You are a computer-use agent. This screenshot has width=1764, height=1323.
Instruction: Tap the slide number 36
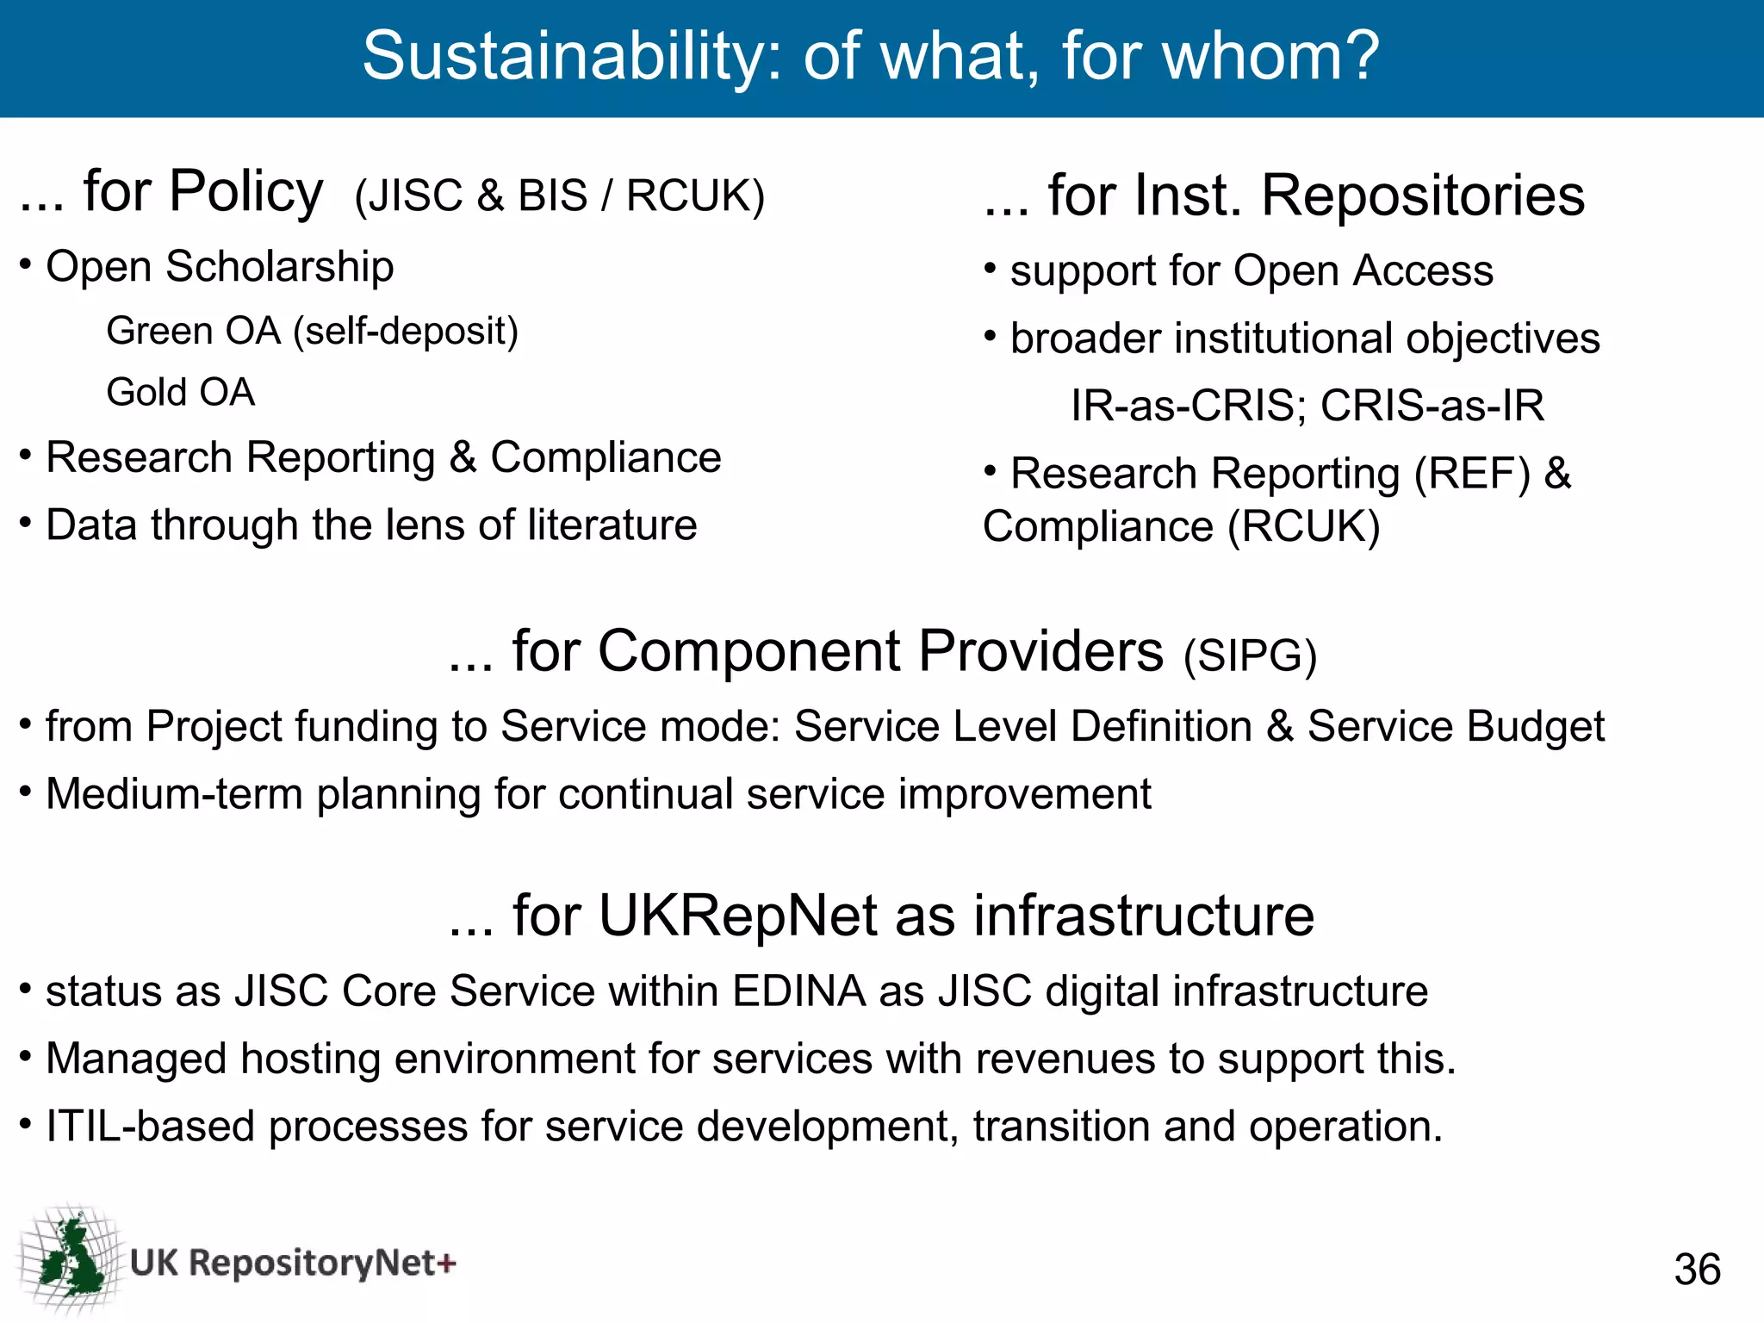pyautogui.click(x=1697, y=1270)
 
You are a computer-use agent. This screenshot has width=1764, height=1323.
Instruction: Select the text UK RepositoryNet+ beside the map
pyautogui.click(x=293, y=1263)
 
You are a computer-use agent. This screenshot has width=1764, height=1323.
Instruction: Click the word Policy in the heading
pyautogui.click(x=246, y=193)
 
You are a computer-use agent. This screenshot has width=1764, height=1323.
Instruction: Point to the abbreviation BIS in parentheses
pyautogui.click(x=552, y=196)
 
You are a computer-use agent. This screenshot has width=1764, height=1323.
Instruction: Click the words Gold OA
pyautogui.click(x=181, y=393)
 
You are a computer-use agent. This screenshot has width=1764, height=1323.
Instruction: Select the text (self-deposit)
pyautogui.click(x=406, y=332)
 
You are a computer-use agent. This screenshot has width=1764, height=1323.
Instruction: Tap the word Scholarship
pyautogui.click(x=280, y=267)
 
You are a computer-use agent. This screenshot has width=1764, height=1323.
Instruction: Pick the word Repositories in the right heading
pyautogui.click(x=1423, y=196)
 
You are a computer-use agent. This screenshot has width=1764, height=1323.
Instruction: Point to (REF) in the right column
pyautogui.click(x=1472, y=474)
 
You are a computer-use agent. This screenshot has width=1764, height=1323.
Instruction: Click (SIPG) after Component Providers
pyautogui.click(x=1250, y=656)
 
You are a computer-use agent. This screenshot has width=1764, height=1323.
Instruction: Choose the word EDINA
pyautogui.click(x=798, y=991)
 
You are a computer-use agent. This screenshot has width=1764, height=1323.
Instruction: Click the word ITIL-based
pyautogui.click(x=151, y=1127)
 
